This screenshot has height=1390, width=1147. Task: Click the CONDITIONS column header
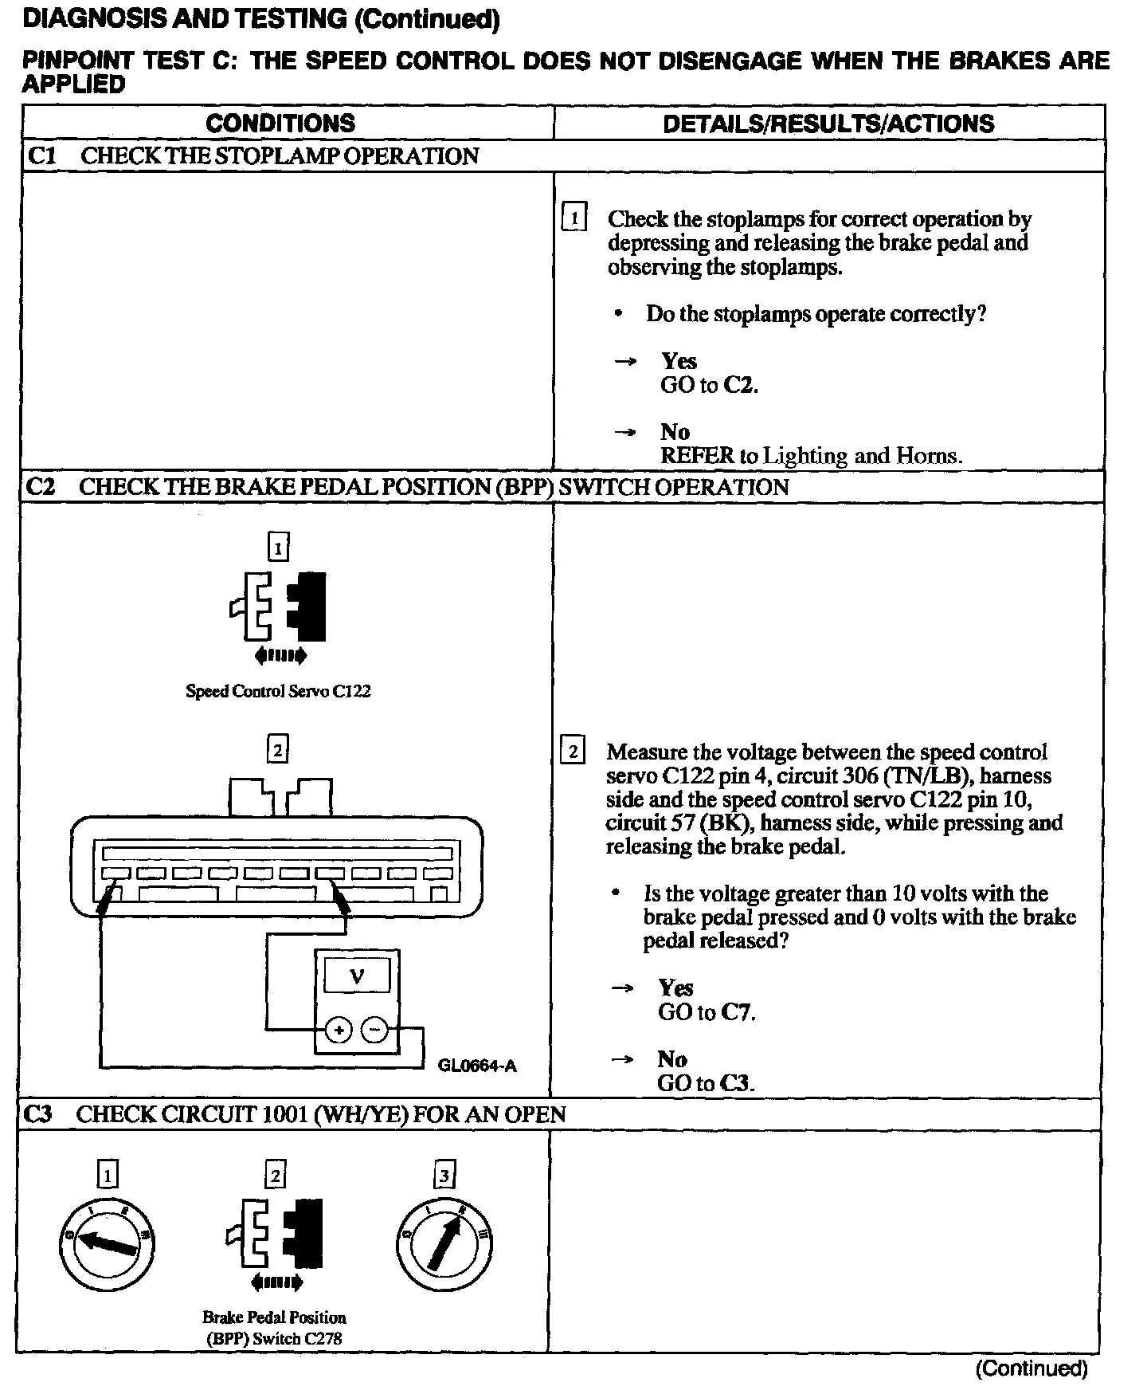(280, 123)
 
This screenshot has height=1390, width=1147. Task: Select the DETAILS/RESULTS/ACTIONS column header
(828, 124)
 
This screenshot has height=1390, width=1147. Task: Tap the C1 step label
(42, 155)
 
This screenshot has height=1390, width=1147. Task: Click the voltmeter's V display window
(357, 976)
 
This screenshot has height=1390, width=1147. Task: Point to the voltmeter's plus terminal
(339, 1031)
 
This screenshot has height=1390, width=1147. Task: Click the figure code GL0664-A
(477, 1066)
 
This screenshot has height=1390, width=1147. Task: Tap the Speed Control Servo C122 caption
(278, 691)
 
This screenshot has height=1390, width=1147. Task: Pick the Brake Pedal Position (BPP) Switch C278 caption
(274, 1328)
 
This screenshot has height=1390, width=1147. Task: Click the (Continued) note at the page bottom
(1031, 1368)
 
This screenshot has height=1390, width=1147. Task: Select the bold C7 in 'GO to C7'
(737, 1012)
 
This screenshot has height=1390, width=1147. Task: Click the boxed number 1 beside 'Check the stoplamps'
(574, 218)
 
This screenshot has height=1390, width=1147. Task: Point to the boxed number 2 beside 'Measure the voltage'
(573, 751)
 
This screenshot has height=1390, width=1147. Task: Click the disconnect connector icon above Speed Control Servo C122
(278, 607)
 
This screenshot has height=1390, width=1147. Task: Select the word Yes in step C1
(679, 361)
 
